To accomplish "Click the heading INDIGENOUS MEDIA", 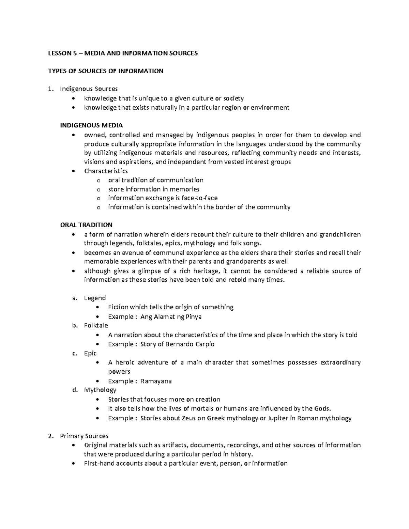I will [x=91, y=125].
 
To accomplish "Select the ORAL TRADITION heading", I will [x=86, y=225].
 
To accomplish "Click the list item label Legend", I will [x=95, y=298].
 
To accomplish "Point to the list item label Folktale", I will [x=96, y=325].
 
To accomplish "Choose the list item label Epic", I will [x=90, y=353].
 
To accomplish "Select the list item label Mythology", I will [x=100, y=390].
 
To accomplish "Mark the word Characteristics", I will [x=106, y=171].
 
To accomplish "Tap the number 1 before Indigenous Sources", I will [x=50, y=89].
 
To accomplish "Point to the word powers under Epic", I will [x=119, y=372].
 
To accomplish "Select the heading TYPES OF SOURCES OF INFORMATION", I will [x=106, y=71].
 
